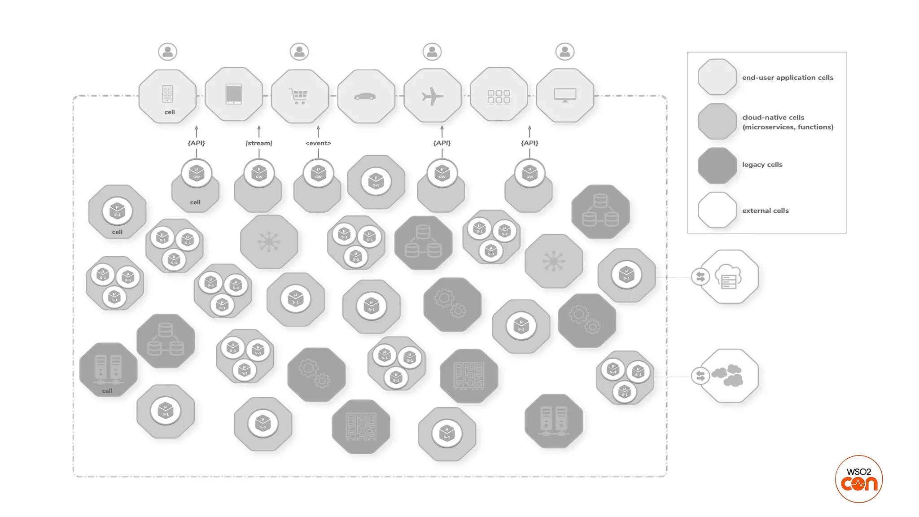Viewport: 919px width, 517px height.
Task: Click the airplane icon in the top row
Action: [x=433, y=96]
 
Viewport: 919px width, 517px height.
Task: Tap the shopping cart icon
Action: [x=299, y=96]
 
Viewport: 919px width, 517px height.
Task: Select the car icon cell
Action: [x=365, y=96]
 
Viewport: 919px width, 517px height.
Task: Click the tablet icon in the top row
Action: [x=234, y=95]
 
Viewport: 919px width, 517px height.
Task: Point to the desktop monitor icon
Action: [x=565, y=95]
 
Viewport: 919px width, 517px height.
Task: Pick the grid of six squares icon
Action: [x=499, y=96]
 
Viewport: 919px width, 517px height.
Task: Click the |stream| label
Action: [x=259, y=143]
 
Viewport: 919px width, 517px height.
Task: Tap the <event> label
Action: [x=318, y=143]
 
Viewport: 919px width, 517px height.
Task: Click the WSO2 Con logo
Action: [x=859, y=479]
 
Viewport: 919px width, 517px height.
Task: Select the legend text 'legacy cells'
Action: [x=762, y=165]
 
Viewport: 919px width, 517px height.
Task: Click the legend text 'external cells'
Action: [x=765, y=211]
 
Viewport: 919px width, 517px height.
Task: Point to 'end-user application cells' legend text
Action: [x=788, y=78]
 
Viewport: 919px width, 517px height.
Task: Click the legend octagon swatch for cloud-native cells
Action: [x=717, y=121]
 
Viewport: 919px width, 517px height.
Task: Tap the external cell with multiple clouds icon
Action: [x=730, y=376]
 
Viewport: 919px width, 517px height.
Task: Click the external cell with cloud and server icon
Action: [x=730, y=277]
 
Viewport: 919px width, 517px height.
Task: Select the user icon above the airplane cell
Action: [x=432, y=52]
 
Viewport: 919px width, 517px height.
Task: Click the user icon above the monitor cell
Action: [x=565, y=52]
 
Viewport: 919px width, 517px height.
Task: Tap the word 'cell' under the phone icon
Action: [x=170, y=112]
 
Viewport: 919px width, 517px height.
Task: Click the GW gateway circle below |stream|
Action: [x=259, y=173]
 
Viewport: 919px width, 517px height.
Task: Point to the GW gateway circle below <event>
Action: [x=318, y=173]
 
